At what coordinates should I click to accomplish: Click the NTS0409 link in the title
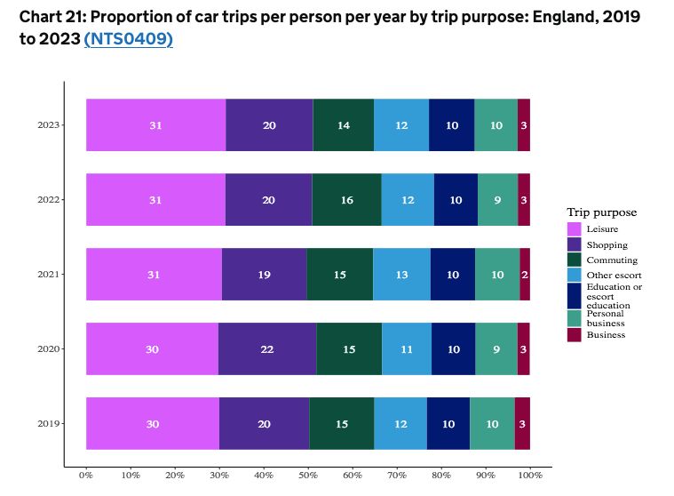[128, 40]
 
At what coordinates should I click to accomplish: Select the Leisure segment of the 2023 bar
[155, 125]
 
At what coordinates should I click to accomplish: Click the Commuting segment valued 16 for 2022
[346, 200]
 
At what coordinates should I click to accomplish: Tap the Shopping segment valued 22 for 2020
[267, 349]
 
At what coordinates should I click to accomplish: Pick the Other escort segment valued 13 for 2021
[401, 275]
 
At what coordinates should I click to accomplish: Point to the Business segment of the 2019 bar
[522, 424]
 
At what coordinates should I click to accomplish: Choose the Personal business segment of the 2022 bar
[497, 200]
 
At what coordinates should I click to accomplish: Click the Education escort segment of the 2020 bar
[454, 349]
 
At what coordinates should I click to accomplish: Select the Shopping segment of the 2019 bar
[264, 424]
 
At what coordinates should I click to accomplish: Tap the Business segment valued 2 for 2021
[525, 275]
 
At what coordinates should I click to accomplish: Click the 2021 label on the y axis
[48, 275]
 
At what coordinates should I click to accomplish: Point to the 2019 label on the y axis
[48, 424]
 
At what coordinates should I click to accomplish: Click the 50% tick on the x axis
[308, 476]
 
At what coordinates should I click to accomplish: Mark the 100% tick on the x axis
[530, 476]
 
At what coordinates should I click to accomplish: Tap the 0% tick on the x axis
[86, 476]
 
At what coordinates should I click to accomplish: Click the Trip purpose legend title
[601, 212]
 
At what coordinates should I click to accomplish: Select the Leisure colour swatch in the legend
[575, 229]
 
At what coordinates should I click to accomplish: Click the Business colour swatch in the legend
[575, 334]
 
